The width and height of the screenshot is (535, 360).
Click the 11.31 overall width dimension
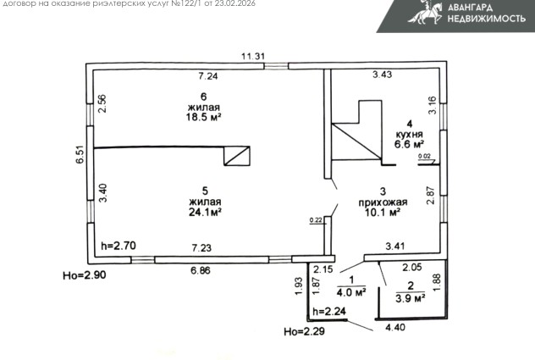coord(253,56)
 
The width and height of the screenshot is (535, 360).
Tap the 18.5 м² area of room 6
coord(204,117)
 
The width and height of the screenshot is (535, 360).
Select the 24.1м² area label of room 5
coord(205,212)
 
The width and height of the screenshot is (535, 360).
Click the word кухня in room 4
coord(409,134)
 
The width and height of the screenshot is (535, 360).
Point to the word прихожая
coord(383,202)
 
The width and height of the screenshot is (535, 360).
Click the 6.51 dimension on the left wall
coord(80,155)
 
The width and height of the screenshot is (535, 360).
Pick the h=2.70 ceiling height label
coord(119,246)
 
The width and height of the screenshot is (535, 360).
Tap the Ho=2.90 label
coord(85,275)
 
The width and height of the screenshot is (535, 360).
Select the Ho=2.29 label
coord(305,331)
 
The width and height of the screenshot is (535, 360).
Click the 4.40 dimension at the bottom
coord(395,327)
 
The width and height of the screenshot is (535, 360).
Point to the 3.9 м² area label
coord(410,298)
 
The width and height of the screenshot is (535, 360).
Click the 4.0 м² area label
coord(351,293)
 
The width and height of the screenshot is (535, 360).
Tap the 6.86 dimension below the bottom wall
coord(201,270)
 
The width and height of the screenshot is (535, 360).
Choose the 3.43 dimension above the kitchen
coord(382,75)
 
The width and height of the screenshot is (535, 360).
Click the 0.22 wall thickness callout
coord(316,220)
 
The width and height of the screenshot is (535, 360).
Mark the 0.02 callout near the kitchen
coord(424,156)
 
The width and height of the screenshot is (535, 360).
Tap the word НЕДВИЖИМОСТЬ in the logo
coord(487,19)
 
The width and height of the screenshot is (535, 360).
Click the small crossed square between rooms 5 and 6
coord(237,156)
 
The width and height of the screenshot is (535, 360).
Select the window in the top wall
coord(276,66)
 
